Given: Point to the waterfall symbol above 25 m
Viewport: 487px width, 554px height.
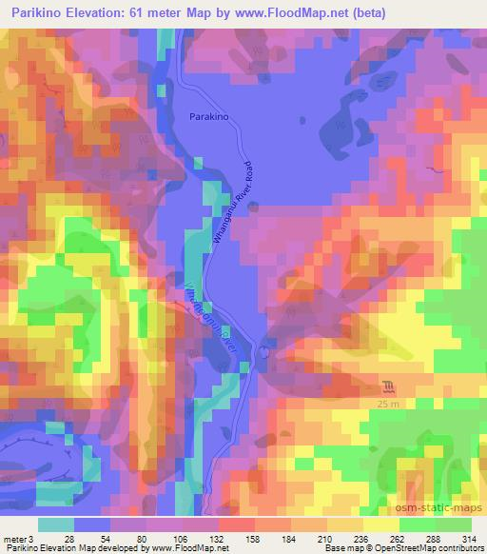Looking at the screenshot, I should (388, 386).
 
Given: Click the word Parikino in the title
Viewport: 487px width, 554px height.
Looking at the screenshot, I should (35, 13).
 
